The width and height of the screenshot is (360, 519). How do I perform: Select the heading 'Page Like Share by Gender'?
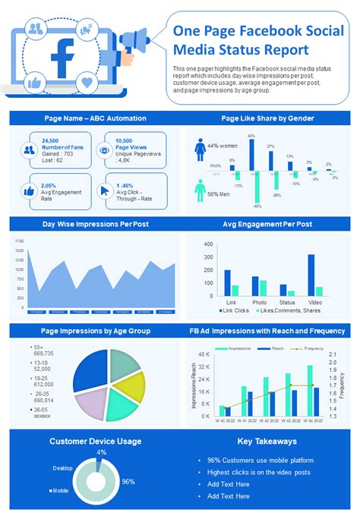[x=267, y=118]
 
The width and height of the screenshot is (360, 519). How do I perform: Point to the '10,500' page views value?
[x=125, y=141]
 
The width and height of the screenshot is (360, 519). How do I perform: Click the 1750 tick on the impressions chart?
[x=19, y=241]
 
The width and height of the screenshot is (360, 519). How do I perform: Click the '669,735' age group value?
[x=43, y=354]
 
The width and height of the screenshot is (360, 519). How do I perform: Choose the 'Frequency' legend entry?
[x=313, y=348]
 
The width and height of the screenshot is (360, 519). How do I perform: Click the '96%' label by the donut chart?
[x=128, y=481]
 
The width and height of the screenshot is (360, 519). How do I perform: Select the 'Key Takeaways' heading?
[x=267, y=441]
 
